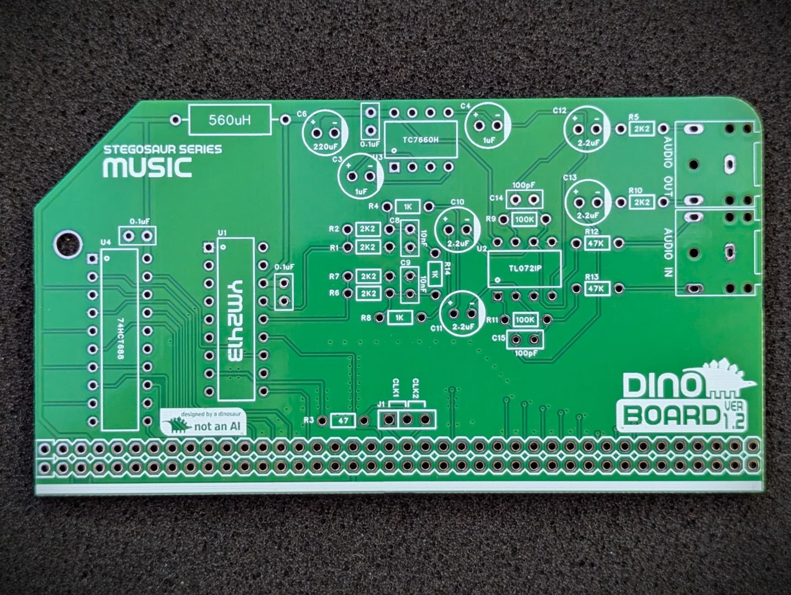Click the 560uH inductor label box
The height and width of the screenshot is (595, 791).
(230, 120)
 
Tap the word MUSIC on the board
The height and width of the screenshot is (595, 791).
(148, 168)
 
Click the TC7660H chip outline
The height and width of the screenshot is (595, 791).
(420, 140)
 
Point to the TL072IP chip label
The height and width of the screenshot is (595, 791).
(524, 268)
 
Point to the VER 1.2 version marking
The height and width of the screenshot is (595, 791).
(734, 416)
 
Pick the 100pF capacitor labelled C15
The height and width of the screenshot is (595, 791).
(525, 339)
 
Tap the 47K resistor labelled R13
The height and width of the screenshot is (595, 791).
(595, 288)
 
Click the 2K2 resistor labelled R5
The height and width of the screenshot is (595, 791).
(642, 129)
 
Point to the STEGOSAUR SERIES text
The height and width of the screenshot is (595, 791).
(163, 149)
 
